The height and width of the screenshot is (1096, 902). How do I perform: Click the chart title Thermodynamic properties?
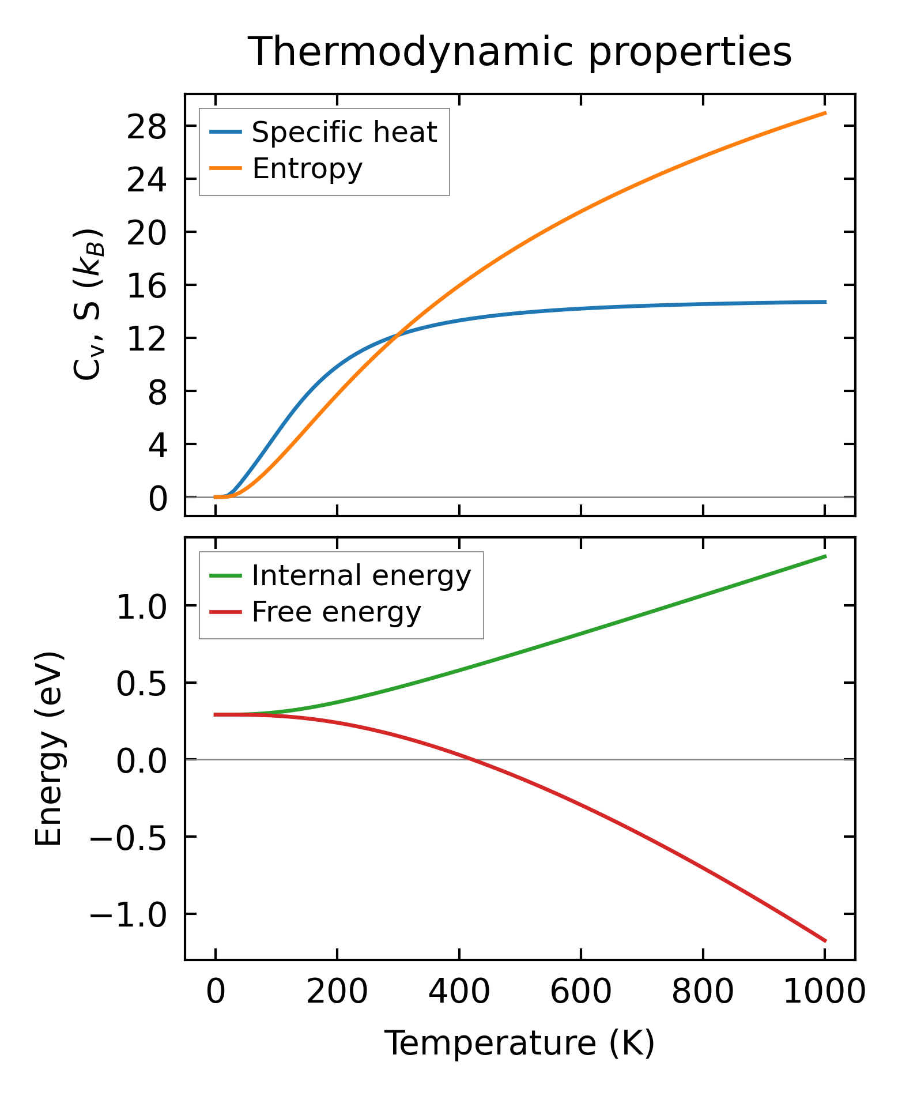519,52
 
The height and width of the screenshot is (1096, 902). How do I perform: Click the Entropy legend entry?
307,168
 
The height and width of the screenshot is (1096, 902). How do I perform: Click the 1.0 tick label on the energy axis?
141,607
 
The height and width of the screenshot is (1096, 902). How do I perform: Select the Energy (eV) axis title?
48,749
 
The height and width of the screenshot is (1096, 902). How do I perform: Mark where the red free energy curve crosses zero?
471,760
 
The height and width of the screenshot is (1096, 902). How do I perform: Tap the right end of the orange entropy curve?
825,113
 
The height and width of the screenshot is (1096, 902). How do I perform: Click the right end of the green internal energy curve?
825,556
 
